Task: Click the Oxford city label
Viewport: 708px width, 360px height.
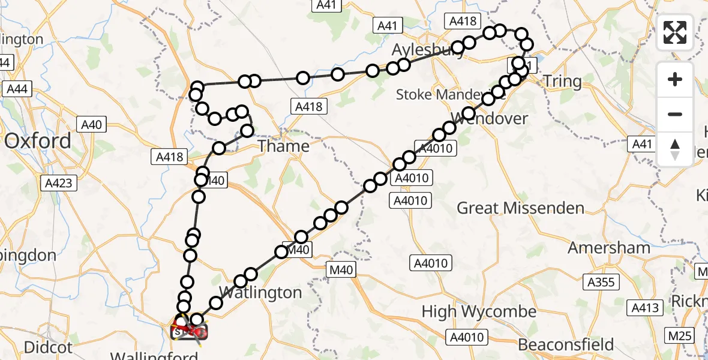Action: click(x=38, y=142)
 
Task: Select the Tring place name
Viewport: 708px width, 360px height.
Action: click(x=562, y=82)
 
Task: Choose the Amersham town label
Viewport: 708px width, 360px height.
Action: click(x=609, y=248)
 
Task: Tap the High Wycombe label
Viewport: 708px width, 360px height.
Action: click(x=479, y=312)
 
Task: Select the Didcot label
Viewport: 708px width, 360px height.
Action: click(x=48, y=347)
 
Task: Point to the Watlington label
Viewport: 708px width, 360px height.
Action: click(x=260, y=293)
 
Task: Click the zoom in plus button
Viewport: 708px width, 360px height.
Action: click(x=675, y=80)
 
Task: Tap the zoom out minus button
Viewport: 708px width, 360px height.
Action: click(x=675, y=114)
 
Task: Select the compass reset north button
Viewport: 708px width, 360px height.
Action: click(x=675, y=149)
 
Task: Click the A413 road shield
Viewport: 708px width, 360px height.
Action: click(x=646, y=308)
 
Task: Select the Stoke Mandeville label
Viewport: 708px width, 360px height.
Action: click(x=449, y=95)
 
